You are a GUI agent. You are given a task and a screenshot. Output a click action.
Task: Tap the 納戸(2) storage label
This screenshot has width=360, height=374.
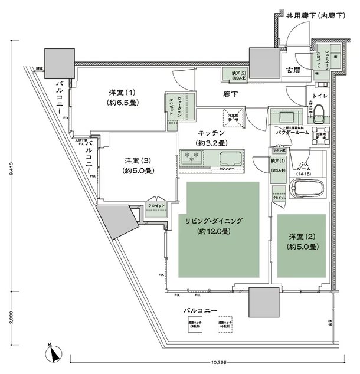point(232,74)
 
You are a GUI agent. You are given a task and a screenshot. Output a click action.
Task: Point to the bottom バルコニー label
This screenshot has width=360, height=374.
point(202,310)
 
